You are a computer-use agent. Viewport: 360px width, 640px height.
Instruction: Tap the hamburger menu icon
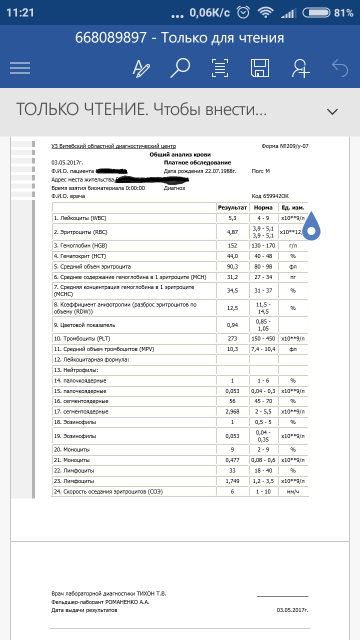[20, 68]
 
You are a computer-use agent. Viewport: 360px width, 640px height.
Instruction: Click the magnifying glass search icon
[180, 68]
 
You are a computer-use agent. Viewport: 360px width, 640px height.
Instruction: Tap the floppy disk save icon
[259, 68]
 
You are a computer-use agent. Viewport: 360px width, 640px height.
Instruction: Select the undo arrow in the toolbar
[340, 68]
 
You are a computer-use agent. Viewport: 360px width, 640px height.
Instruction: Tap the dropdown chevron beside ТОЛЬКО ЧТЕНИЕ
[332, 111]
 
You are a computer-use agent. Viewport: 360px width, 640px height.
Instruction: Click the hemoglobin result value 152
[232, 245]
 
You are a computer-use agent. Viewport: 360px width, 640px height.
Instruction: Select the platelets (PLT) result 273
[232, 338]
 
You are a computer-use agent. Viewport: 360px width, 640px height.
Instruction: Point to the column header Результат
[232, 207]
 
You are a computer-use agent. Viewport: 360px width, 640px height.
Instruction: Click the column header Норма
[263, 207]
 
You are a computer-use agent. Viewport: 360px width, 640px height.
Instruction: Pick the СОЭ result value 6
[232, 491]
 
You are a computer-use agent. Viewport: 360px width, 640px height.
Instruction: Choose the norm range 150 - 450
[263, 338]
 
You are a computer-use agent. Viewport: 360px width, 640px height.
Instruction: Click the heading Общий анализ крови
[180, 154]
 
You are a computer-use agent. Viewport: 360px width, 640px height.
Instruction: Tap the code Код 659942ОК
[271, 196]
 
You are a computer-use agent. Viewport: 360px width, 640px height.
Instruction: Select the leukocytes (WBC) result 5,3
[232, 218]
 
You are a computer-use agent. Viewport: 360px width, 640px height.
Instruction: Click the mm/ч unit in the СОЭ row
[293, 491]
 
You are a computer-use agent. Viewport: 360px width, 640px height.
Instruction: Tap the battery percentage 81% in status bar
[343, 13]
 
